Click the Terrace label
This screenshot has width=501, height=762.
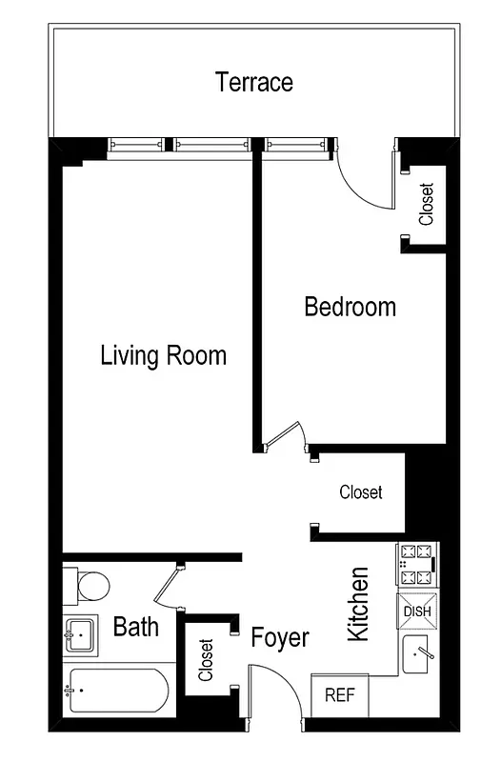coord(253,82)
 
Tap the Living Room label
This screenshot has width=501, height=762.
coord(163,356)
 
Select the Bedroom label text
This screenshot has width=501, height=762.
coord(350,307)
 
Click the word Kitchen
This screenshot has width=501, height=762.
coord(358,604)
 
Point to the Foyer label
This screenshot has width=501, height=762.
coord(279,637)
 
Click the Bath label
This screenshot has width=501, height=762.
coord(135,627)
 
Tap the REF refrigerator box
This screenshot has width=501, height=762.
coord(339,695)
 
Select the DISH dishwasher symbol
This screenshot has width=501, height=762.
coord(417,611)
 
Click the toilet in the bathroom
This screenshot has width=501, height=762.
coord(89,584)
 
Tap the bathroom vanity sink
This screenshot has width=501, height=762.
coord(81,633)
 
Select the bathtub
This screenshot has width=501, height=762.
coord(119,691)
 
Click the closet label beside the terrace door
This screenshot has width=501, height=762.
coord(426,204)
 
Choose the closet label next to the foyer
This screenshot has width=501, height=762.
coord(205,660)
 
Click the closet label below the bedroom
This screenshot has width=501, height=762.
coord(361,492)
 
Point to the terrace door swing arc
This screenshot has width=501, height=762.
coord(364,181)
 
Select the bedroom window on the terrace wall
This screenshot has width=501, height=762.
coord(298,145)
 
